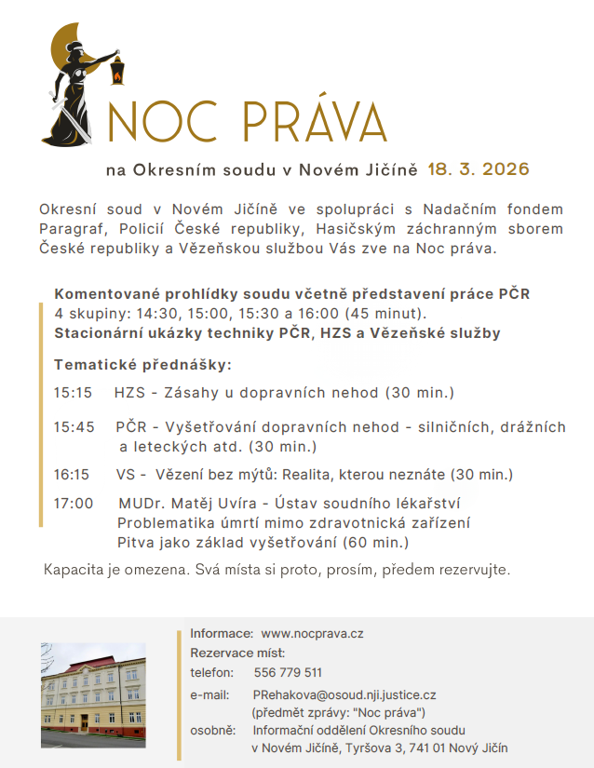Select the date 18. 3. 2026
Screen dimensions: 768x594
pyautogui.click(x=479, y=169)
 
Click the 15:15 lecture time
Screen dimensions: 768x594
pyautogui.click(x=74, y=393)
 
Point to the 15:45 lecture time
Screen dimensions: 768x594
pyautogui.click(x=74, y=428)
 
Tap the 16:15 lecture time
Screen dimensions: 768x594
pyautogui.click(x=72, y=475)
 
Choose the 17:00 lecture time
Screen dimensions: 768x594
pyautogui.click(x=74, y=504)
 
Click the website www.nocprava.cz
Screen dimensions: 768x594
pyautogui.click(x=312, y=634)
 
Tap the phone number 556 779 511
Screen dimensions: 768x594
pyautogui.click(x=288, y=672)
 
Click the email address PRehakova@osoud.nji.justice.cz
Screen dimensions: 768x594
pyautogui.click(x=344, y=694)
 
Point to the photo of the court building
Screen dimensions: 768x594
pyautogui.click(x=93, y=694)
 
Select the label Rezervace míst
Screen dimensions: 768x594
pyautogui.click(x=237, y=653)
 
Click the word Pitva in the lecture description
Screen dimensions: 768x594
pyautogui.click(x=136, y=542)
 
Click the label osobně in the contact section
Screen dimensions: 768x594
pyautogui.click(x=213, y=730)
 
